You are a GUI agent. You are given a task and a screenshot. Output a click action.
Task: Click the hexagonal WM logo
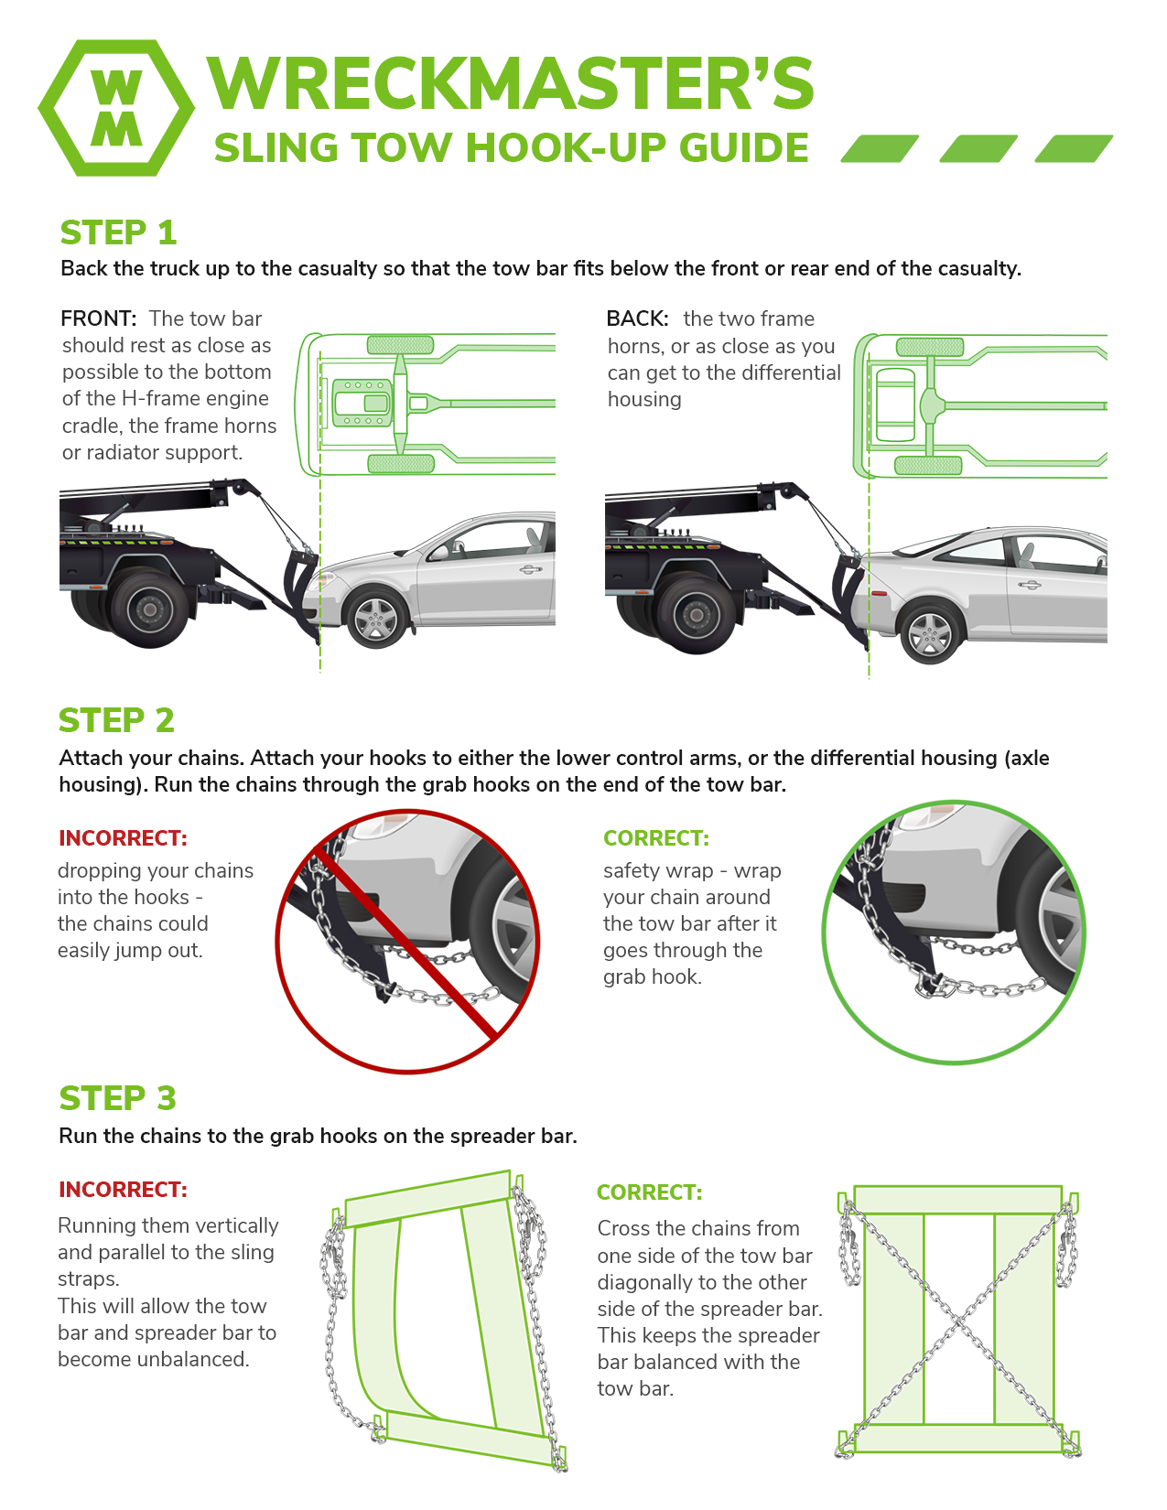tap(116, 108)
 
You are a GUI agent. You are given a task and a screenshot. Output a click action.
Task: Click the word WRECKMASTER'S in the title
tap(511, 84)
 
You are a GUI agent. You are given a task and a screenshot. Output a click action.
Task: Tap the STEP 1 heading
tap(118, 232)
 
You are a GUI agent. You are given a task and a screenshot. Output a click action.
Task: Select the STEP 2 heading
tap(116, 720)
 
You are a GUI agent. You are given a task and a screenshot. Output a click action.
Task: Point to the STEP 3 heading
tap(117, 1097)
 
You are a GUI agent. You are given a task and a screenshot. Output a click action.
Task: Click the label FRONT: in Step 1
tap(98, 318)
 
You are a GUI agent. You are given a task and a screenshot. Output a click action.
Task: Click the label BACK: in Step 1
tap(637, 318)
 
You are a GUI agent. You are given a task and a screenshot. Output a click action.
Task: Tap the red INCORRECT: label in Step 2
tap(123, 837)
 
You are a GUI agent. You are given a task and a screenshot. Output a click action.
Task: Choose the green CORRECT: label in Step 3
tap(649, 1192)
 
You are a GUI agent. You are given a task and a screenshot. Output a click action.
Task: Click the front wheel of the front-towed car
tap(376, 619)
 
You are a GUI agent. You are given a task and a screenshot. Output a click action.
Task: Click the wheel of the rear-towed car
tap(930, 632)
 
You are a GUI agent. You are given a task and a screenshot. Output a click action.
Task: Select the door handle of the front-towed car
tap(529, 570)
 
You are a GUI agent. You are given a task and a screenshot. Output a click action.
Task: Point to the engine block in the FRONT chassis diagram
tap(362, 403)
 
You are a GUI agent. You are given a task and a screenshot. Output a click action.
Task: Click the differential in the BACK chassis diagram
tap(932, 404)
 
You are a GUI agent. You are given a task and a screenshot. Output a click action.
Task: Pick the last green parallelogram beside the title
tap(1074, 148)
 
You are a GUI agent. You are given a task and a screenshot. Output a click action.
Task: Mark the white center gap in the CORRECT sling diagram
tap(958, 1318)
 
